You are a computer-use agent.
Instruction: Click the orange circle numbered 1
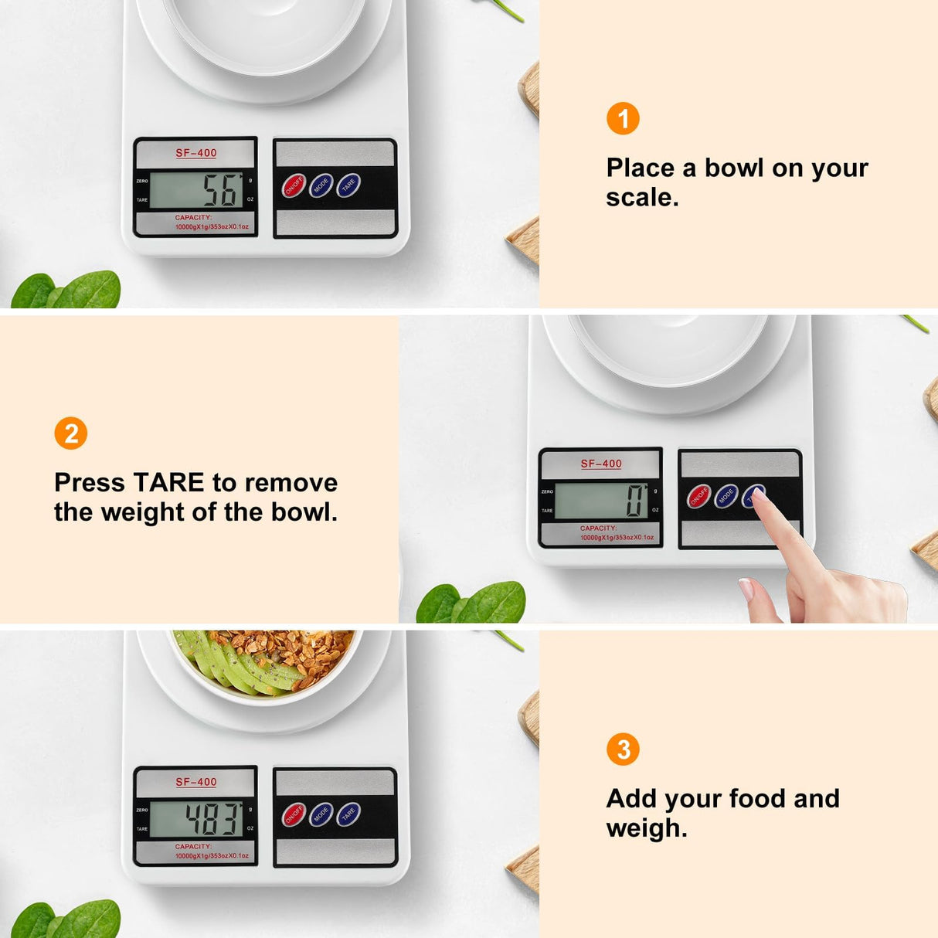[x=623, y=119]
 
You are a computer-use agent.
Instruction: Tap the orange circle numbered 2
[x=71, y=433]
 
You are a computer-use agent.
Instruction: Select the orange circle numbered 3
[x=623, y=749]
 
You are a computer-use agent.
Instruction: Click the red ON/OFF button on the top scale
[x=294, y=186]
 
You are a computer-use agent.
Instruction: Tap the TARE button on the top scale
[x=348, y=185]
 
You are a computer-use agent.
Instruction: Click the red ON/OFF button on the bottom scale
[x=294, y=815]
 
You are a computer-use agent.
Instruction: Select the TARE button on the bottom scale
[x=348, y=814]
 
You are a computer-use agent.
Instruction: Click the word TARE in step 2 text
[x=168, y=483]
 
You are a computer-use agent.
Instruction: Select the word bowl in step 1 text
[x=733, y=168]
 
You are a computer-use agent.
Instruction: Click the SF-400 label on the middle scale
[x=601, y=464]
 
